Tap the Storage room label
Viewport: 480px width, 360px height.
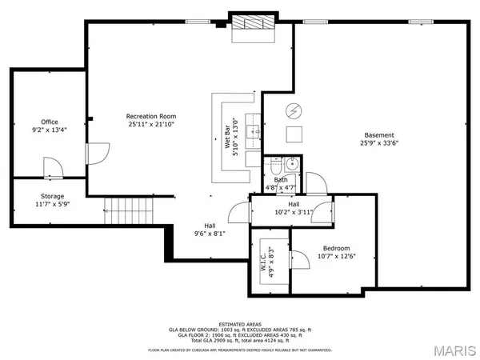[53, 197]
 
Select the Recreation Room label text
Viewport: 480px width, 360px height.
[150, 117]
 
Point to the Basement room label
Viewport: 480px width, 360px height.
[378, 134]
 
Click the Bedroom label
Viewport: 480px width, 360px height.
[336, 249]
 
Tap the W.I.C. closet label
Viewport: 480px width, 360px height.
[262, 261]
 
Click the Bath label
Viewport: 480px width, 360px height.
[281, 180]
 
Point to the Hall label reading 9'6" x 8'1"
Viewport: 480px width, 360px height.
[210, 234]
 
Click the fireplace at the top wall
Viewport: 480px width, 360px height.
[252, 25]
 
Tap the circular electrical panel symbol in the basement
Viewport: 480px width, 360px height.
[293, 110]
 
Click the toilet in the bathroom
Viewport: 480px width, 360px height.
[274, 166]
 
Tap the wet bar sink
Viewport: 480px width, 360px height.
[253, 131]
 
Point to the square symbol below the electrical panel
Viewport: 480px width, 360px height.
[294, 134]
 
